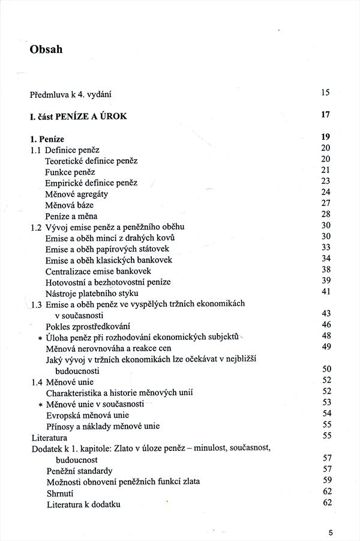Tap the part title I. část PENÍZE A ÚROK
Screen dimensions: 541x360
pyautogui.click(x=79, y=116)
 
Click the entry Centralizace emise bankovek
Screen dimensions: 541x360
pyautogui.click(x=98, y=271)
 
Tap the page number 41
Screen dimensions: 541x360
pyautogui.click(x=326, y=292)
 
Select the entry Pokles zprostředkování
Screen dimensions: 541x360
pyautogui.click(x=88, y=326)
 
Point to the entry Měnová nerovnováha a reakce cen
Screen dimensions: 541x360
pyautogui.click(x=109, y=348)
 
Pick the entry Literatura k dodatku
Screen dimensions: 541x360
pyautogui.click(x=83, y=504)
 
